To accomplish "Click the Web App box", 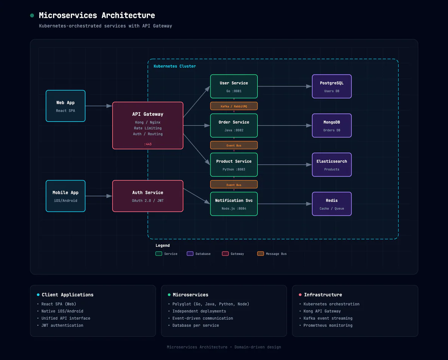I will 65,106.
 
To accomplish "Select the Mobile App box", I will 65,196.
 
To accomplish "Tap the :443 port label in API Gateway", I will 148,144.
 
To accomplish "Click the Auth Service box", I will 148,196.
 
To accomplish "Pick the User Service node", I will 234,86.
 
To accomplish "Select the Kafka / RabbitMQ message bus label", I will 234,106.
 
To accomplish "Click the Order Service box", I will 234,125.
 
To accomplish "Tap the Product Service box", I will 234,165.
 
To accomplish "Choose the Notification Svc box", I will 234,204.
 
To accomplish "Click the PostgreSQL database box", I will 332,86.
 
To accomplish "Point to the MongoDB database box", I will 332,125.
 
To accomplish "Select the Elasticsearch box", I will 332,165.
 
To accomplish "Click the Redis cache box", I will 332,204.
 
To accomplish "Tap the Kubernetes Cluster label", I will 175,66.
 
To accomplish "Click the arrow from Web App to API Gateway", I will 99,106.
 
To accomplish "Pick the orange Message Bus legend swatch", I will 261,254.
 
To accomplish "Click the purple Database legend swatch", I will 190,254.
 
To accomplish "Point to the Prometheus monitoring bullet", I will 328,325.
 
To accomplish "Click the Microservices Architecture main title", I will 97,15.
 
